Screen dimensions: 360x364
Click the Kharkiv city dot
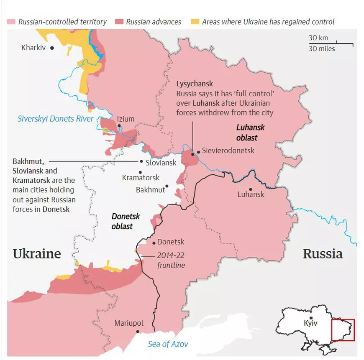coord(52,48)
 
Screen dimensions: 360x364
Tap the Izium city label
coord(126,119)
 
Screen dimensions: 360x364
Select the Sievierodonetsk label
coord(228,151)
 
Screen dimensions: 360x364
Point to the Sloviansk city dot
coord(141,161)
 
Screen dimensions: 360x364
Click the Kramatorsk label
coord(141,178)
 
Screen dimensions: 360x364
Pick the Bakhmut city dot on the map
coord(167,186)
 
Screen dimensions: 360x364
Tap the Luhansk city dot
coord(251,189)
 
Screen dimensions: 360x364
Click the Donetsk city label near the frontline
coord(171,242)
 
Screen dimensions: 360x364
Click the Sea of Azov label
coord(168,344)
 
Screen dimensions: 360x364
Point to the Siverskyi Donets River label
coord(56,119)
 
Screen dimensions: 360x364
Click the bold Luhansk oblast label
coord(250,133)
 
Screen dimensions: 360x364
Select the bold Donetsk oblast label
coord(125,221)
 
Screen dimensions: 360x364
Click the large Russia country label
coord(323,253)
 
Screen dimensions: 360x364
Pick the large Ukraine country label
coord(37,253)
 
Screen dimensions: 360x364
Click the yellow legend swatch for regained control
coord(195,22)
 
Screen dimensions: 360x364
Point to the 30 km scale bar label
coord(318,38)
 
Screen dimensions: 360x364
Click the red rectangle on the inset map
coord(343,330)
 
